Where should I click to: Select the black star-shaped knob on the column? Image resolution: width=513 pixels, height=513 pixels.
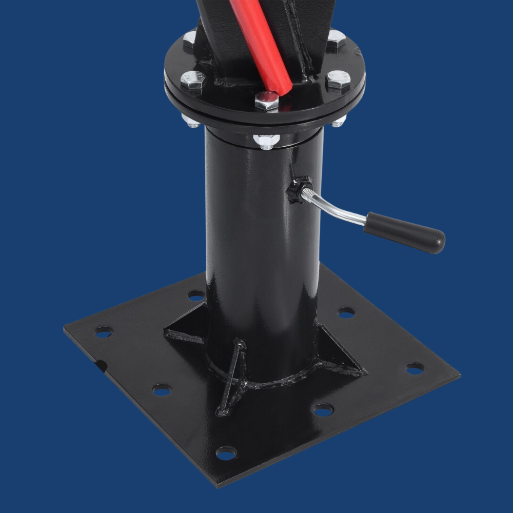pos(299,190)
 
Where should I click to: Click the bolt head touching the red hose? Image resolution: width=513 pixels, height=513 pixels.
pos(267,101)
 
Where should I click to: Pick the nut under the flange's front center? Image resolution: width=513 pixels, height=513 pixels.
pos(266,141)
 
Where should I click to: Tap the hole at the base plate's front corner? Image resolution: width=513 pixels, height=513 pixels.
pos(226,452)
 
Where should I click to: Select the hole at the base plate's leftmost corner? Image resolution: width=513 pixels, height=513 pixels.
pos(104,332)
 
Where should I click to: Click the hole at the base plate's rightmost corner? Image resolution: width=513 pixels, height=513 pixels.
pos(415,368)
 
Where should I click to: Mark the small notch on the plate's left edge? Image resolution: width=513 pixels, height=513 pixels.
pos(101,365)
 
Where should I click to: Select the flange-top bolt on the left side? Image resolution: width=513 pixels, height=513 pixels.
pos(193,80)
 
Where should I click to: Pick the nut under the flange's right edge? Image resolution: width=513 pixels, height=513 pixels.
pos(338,122)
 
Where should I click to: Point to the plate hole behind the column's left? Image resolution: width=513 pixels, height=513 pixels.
pos(196,295)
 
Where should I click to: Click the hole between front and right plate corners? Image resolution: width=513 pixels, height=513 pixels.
pos(323,409)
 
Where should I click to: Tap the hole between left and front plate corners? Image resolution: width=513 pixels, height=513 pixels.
pos(162,390)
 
